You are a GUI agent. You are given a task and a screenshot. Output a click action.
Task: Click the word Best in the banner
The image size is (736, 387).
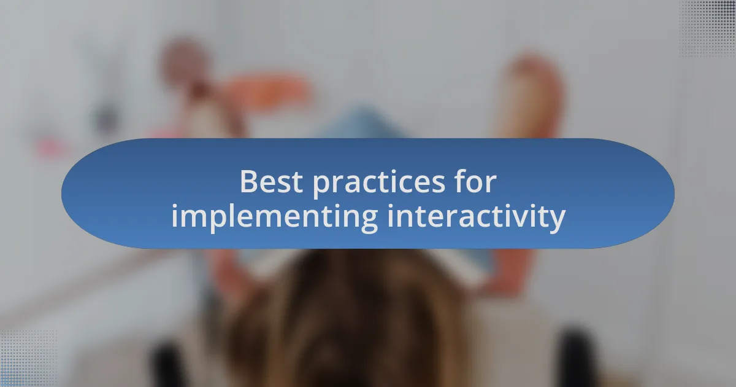pyautogui.click(x=270, y=182)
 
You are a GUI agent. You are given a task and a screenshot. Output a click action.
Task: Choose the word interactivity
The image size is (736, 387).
pyautogui.click(x=476, y=217)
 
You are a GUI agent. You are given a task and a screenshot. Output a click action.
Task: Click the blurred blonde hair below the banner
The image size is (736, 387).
pyautogui.click(x=343, y=319)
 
